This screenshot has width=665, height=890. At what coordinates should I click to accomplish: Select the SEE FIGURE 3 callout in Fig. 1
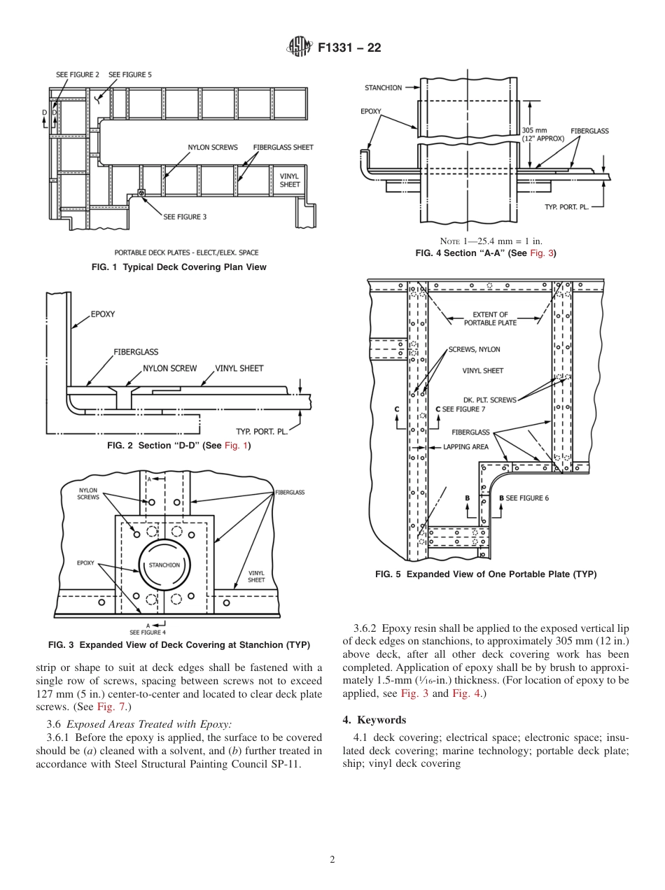pos(185,217)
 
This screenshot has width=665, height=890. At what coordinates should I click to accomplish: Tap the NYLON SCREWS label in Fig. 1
pos(212,148)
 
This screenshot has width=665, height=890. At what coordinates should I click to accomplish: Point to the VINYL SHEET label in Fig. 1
pos(290,181)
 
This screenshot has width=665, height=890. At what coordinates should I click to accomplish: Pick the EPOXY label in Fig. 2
pos(103,314)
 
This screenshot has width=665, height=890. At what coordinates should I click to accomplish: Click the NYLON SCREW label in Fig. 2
pos(169,368)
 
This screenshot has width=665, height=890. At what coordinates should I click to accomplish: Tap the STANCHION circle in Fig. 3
pos(164,565)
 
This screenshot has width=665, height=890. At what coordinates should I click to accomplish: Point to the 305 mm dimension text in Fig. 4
pos(535,130)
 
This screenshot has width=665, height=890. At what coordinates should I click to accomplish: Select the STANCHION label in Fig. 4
pos(383,88)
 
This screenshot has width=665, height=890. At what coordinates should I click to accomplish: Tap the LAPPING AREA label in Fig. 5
pos(465,446)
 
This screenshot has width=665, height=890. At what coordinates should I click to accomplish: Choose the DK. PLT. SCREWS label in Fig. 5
pos(489,400)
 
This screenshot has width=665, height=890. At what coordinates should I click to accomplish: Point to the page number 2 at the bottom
pos(332,860)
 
